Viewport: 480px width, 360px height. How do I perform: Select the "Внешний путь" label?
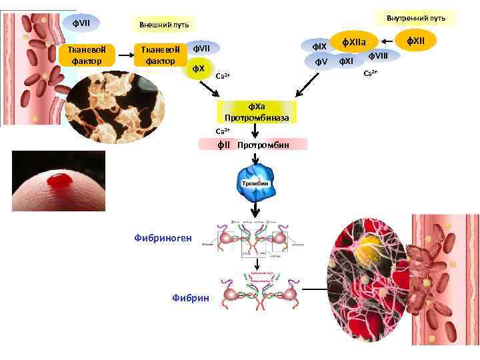click(163, 25)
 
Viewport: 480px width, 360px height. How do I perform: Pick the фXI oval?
click(345, 63)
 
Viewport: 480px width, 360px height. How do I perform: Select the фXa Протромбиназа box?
click(257, 111)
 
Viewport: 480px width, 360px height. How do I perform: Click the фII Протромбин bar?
click(254, 144)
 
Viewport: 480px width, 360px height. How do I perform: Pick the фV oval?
click(321, 63)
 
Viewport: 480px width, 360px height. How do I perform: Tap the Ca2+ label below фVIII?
click(370, 72)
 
